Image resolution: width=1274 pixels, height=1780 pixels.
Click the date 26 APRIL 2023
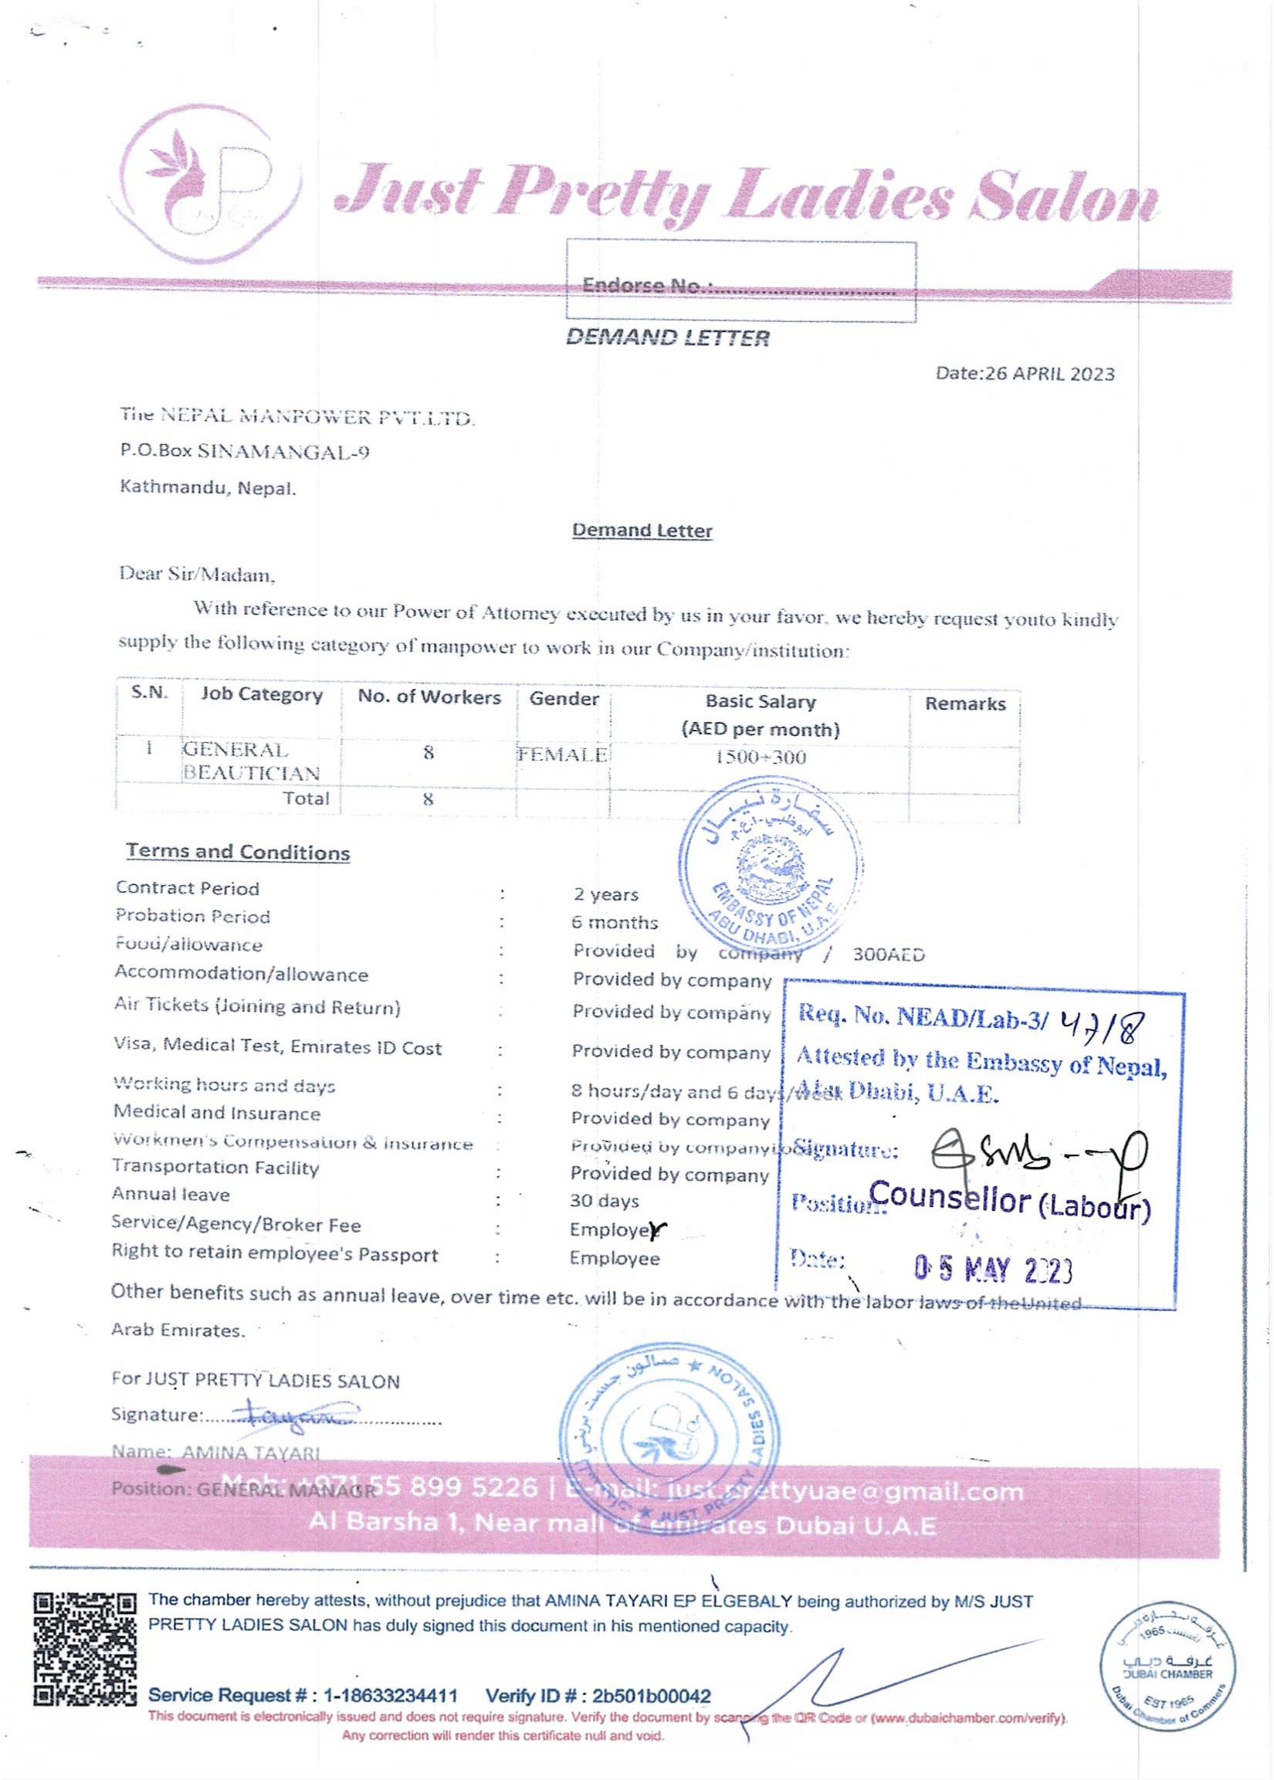pos(1049,374)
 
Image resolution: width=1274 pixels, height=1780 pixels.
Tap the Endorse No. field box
pos(740,281)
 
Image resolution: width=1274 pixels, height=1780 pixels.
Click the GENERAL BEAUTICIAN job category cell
pos(251,761)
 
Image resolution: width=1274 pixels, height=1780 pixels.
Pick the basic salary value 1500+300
pos(759,757)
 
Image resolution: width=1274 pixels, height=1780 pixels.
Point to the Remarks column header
pos(964,704)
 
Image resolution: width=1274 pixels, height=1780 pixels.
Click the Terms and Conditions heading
pos(238,852)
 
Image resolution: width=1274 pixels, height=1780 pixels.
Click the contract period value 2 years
pos(605,894)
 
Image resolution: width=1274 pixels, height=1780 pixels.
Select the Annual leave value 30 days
pos(604,1200)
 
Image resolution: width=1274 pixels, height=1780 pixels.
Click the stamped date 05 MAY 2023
pos(992,1268)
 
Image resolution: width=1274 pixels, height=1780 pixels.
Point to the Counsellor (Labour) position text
pos(1009,1201)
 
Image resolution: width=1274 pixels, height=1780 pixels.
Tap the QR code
pos(85,1648)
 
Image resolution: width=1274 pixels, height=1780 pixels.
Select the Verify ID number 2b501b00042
pos(652,1696)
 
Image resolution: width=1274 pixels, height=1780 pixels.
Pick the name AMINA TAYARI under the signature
pos(251,1453)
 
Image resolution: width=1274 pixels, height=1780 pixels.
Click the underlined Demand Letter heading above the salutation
pos(642,531)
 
